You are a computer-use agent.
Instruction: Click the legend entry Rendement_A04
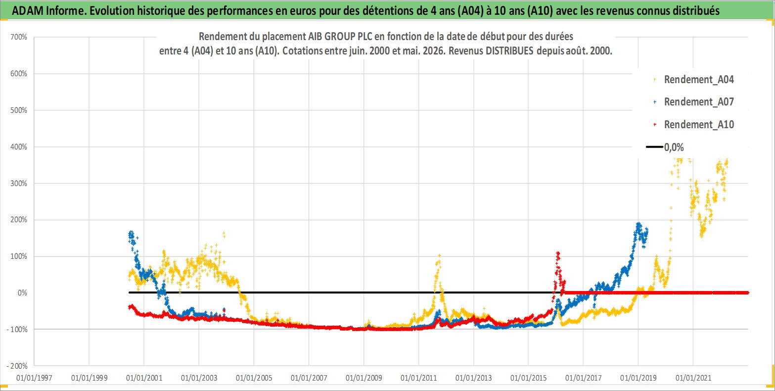(x=693, y=80)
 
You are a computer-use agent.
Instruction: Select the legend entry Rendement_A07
(x=693, y=102)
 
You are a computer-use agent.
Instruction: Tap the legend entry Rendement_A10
(x=693, y=124)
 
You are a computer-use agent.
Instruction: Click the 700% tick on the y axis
(x=19, y=37)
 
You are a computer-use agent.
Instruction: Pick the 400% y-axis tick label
(x=19, y=147)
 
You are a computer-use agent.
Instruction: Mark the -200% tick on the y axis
(x=17, y=366)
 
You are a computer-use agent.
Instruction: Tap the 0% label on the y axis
(x=22, y=293)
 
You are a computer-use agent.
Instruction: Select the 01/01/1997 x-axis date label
(x=34, y=378)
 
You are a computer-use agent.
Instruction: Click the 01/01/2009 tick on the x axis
(x=364, y=378)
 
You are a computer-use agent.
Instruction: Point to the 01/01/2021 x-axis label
(x=693, y=378)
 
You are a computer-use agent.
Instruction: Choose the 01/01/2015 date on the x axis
(x=528, y=378)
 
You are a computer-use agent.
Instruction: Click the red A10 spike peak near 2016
(x=557, y=253)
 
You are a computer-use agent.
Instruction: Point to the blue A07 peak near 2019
(x=638, y=224)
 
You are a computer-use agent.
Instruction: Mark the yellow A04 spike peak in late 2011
(x=439, y=255)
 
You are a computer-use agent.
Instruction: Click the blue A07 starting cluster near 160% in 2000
(x=131, y=235)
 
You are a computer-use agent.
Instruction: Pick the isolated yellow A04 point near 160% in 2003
(x=224, y=235)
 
